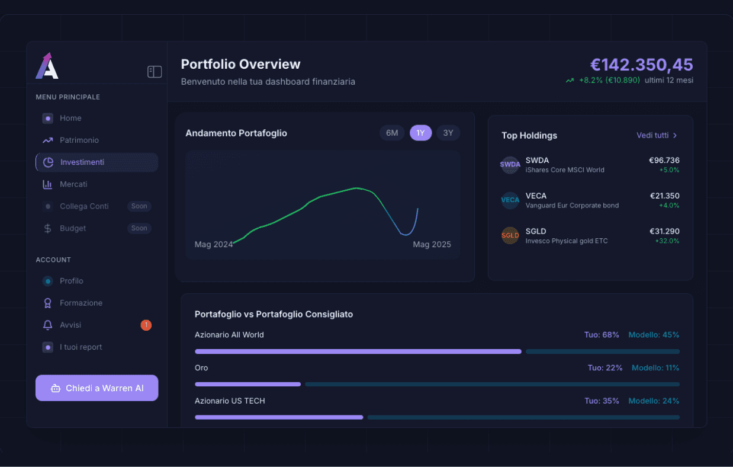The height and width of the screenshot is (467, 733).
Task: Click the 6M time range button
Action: (392, 133)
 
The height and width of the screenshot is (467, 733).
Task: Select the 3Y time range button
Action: (448, 133)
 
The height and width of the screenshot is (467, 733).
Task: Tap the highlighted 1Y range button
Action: (420, 133)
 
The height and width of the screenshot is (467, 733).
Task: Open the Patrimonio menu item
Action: (79, 140)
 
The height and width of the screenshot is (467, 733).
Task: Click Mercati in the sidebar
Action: (73, 184)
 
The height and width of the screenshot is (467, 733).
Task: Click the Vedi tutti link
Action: (657, 136)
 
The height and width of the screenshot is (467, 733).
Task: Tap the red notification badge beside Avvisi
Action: (146, 325)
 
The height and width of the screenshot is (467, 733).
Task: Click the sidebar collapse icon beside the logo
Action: (155, 72)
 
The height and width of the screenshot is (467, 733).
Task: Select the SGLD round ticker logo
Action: (510, 235)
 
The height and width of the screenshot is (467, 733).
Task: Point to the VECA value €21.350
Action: (664, 196)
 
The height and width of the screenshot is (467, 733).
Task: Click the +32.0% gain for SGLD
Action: (667, 241)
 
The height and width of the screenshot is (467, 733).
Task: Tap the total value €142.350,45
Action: (641, 65)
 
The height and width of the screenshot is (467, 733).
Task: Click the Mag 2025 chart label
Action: (432, 244)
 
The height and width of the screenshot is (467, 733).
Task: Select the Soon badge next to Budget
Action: (139, 228)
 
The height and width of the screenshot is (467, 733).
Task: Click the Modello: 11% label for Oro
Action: (655, 368)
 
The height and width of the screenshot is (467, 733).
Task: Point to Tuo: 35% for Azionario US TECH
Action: (602, 401)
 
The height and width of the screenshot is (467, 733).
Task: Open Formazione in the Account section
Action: (81, 303)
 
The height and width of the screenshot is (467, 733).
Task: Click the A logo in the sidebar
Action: (47, 66)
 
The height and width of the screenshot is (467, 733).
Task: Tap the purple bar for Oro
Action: (247, 384)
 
